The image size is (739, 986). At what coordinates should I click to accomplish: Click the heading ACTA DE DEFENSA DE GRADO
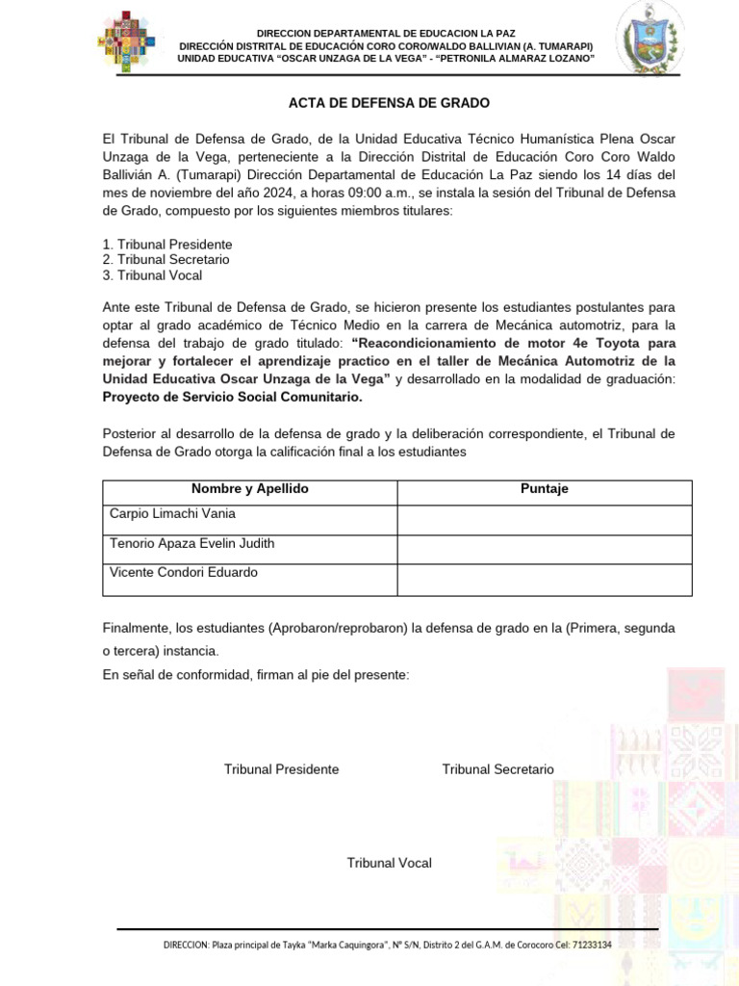pos(389,103)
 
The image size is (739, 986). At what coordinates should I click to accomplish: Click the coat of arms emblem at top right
pos(651,39)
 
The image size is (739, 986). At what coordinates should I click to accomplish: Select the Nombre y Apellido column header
pos(249,489)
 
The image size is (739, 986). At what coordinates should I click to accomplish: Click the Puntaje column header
pos(545,489)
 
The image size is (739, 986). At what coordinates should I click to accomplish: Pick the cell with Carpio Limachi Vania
pos(173,514)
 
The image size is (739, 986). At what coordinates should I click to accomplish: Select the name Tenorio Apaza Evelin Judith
pos(191,544)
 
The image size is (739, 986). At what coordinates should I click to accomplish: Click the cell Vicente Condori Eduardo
pos(184,573)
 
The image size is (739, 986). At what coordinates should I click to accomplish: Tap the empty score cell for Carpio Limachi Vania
pos(545,520)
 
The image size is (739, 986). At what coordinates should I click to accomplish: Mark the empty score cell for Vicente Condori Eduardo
pos(545,580)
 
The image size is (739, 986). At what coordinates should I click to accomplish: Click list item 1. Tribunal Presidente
pos(167,245)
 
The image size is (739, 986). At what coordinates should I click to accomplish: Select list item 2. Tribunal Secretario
pos(166,260)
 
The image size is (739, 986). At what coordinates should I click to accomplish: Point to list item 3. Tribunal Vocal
pos(152,275)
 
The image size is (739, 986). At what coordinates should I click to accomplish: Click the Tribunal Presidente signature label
pos(281,769)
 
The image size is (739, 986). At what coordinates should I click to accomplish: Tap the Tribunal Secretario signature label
pos(497,769)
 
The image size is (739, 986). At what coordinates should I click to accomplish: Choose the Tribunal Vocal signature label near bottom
pos(389,863)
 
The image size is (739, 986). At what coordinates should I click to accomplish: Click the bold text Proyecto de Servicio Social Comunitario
pos(233,397)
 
